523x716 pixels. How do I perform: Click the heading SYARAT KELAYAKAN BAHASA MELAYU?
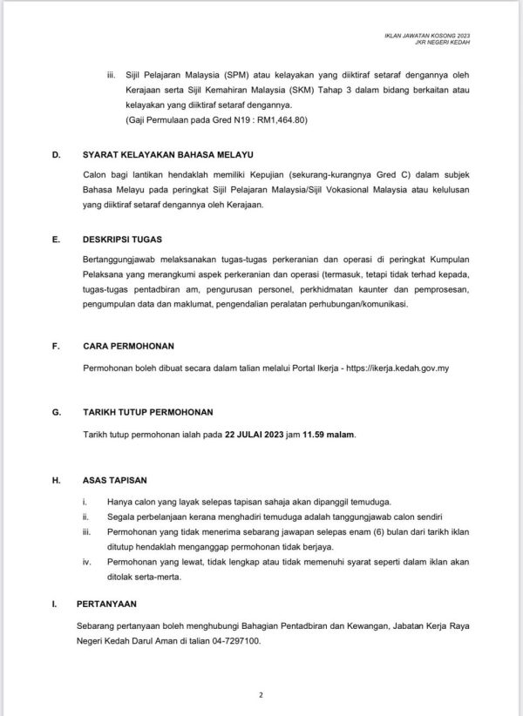[x=163, y=156]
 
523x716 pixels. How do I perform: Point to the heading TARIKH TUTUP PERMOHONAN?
[x=147, y=411]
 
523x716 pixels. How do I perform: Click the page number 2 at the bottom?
[x=261, y=695]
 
